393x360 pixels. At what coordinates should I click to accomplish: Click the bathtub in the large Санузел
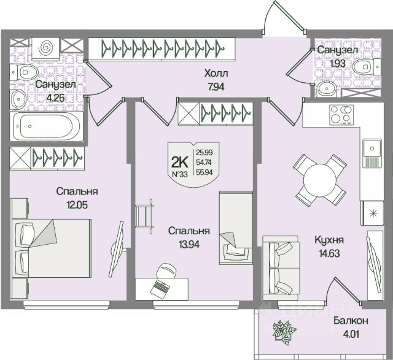45,126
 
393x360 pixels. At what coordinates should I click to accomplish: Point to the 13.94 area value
189,243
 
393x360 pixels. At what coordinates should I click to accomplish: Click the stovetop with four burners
340,114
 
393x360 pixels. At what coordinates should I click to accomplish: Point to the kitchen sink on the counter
372,148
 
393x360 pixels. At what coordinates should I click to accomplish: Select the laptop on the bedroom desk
162,285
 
